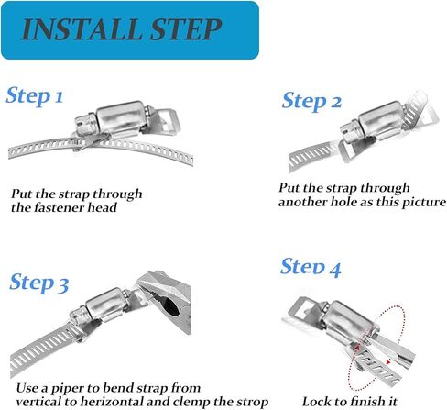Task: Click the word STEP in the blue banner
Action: pyautogui.click(x=185, y=29)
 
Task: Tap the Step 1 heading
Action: pyautogui.click(x=35, y=95)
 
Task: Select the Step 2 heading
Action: pyautogui.click(x=311, y=101)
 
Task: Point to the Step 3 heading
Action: pyautogui.click(x=39, y=283)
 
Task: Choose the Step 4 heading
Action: pyautogui.click(x=311, y=267)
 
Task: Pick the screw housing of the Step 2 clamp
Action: pyautogui.click(x=379, y=121)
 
